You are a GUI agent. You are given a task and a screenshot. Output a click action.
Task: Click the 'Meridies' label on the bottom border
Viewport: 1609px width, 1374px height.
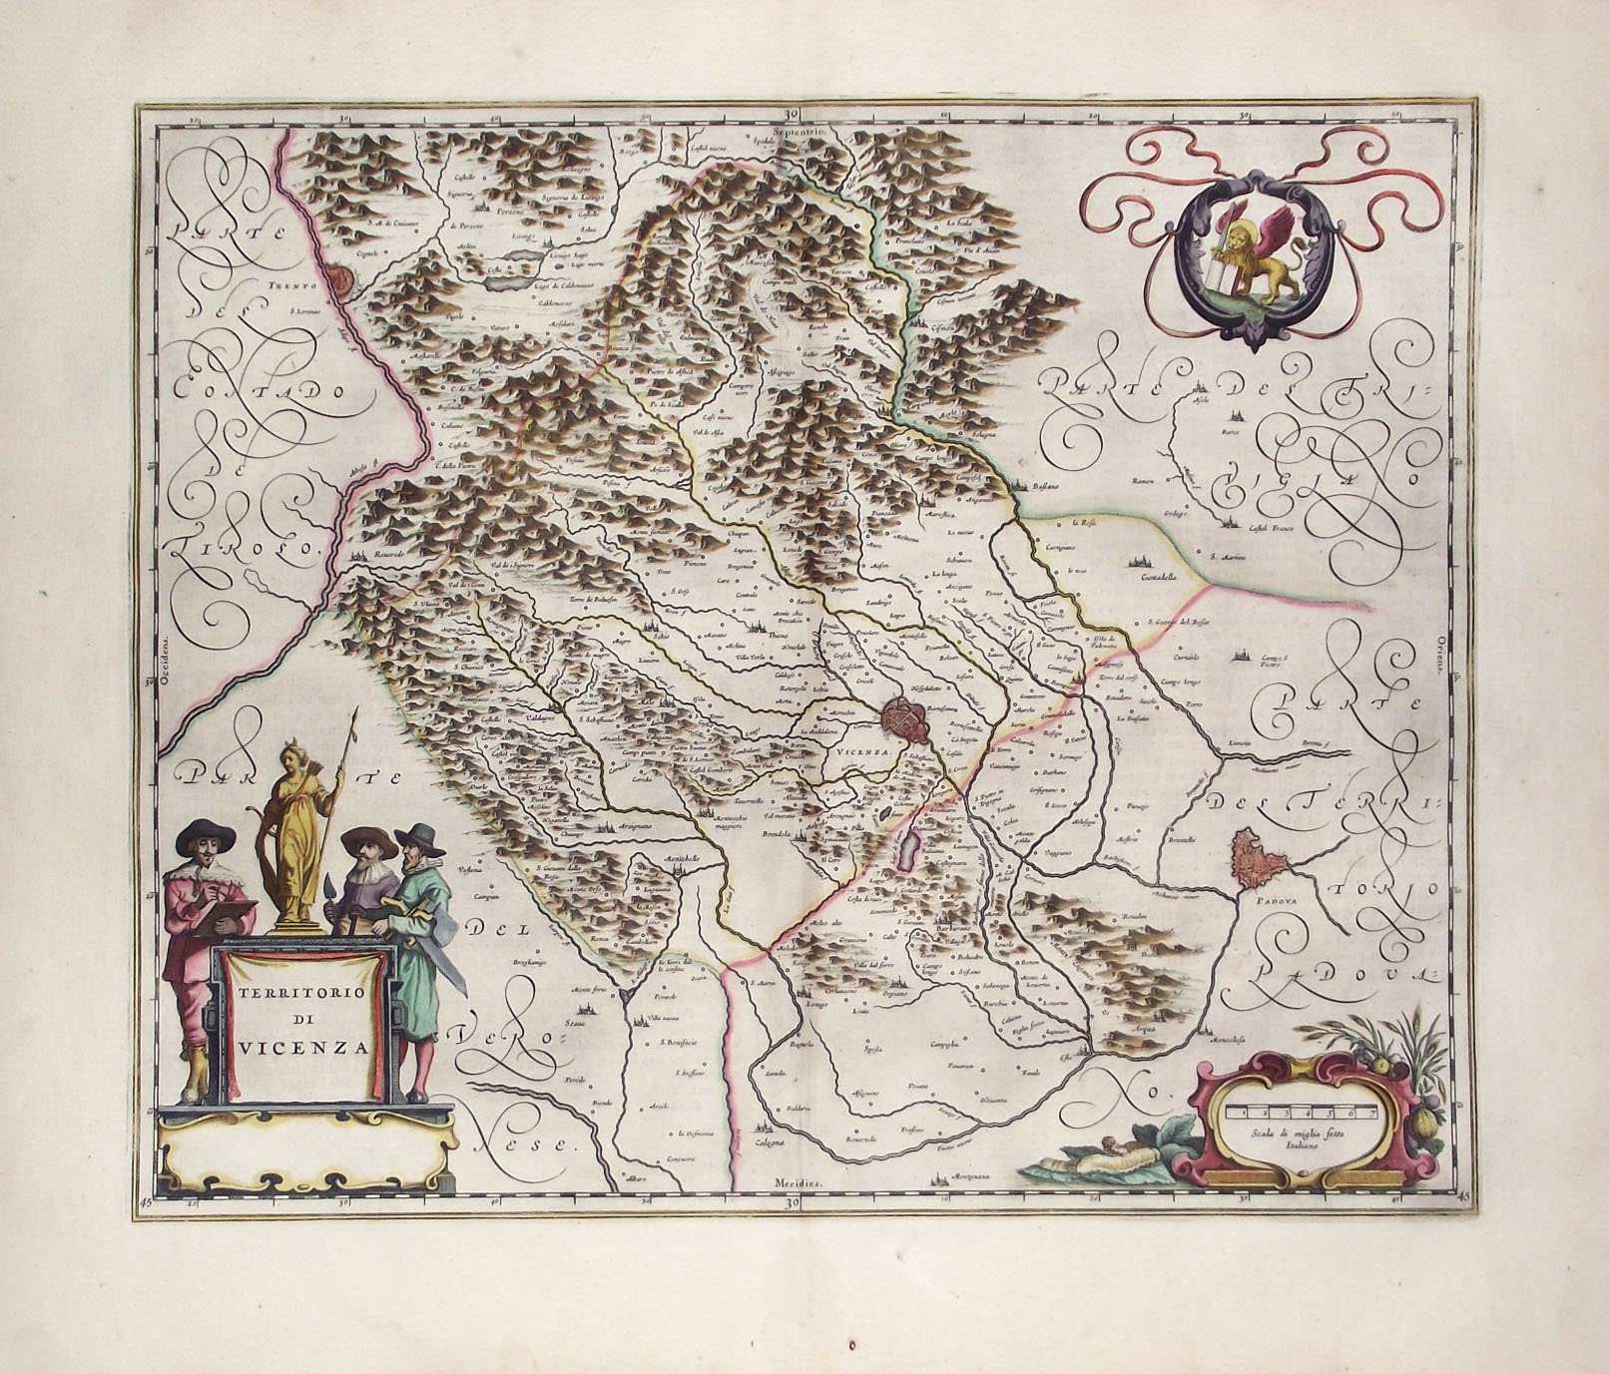[x=800, y=1181]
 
